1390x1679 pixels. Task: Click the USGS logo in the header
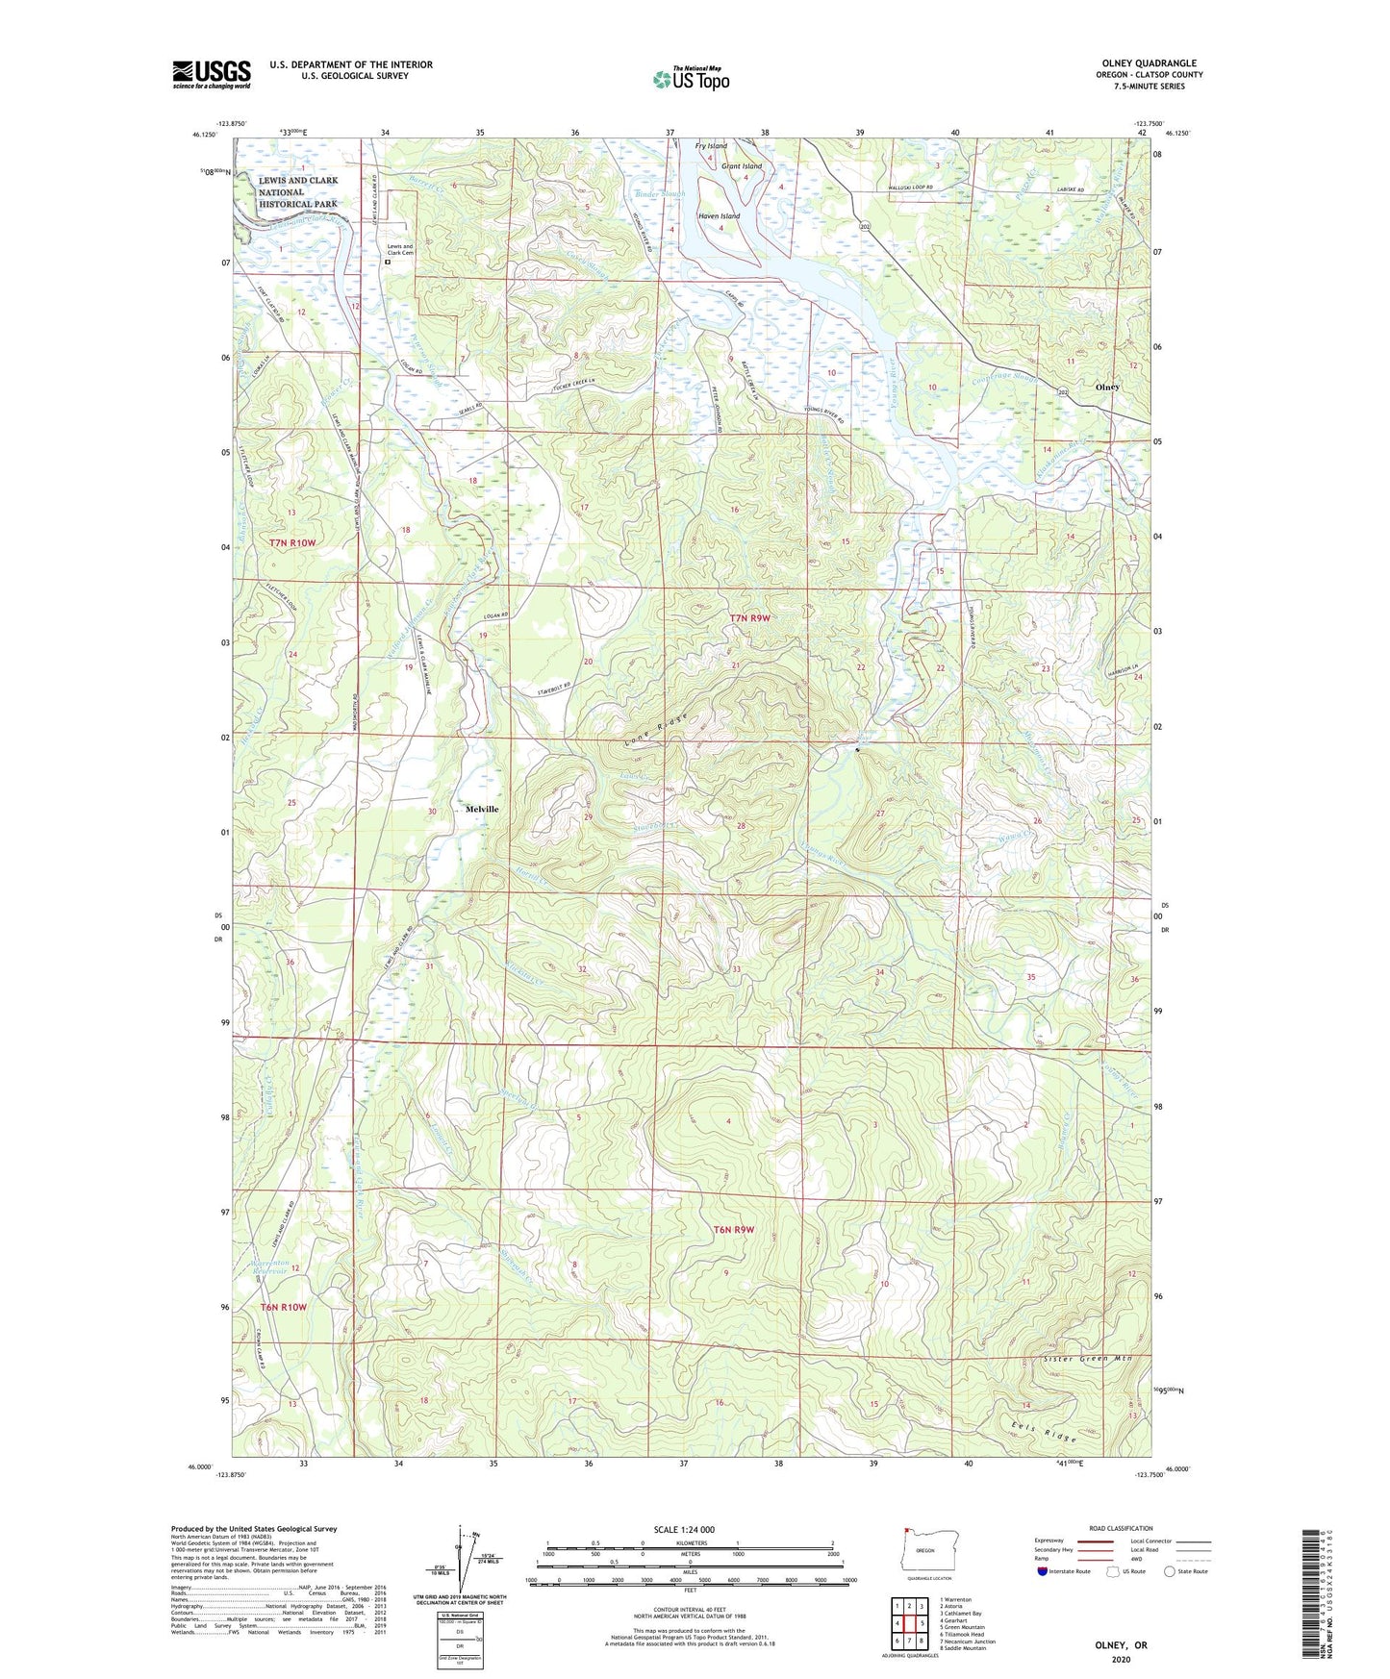pos(212,75)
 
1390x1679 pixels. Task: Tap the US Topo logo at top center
pos(691,79)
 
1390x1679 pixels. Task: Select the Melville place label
pos(482,809)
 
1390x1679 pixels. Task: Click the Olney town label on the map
pos(1107,387)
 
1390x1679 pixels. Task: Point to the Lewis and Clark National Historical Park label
pos(297,192)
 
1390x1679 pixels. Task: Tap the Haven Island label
pos(719,216)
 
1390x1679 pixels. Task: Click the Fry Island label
pos(711,146)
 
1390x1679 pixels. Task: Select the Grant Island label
pos(742,166)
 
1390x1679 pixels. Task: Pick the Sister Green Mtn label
pos(1086,1359)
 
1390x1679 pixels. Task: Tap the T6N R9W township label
pos(734,1230)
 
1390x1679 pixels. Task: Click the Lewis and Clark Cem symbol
pos(388,261)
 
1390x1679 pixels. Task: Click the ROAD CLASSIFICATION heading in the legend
pos(1120,1528)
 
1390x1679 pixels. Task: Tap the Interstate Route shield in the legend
pos(1044,1571)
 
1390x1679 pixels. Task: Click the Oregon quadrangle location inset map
pos(924,1550)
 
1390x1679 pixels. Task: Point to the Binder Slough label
pos(661,195)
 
